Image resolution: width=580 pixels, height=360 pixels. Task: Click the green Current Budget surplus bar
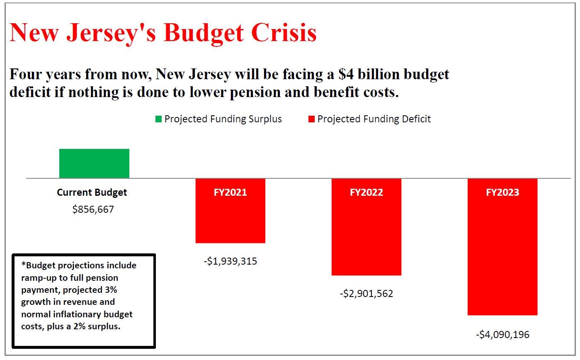(x=94, y=163)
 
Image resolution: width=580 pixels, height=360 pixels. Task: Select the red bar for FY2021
(x=230, y=220)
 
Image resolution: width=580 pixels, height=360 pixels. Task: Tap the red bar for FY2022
(x=366, y=236)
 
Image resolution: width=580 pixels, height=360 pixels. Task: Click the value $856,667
(x=93, y=209)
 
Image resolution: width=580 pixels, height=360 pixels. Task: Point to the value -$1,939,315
(x=230, y=261)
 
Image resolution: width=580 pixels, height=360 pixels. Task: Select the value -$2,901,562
(x=366, y=294)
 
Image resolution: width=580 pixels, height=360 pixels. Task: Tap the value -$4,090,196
(x=502, y=334)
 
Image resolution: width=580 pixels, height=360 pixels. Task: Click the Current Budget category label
(x=92, y=192)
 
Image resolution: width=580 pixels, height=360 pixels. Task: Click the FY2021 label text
(x=230, y=192)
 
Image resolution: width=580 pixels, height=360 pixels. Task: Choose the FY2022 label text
(x=366, y=192)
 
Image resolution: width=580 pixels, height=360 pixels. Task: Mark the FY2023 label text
(x=502, y=192)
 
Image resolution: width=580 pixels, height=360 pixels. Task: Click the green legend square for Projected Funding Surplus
(x=158, y=119)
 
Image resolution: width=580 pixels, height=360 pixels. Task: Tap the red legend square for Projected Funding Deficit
(x=311, y=119)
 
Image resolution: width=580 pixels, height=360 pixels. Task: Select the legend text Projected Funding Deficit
(x=374, y=119)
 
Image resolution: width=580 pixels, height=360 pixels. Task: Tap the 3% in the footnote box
(x=110, y=289)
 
